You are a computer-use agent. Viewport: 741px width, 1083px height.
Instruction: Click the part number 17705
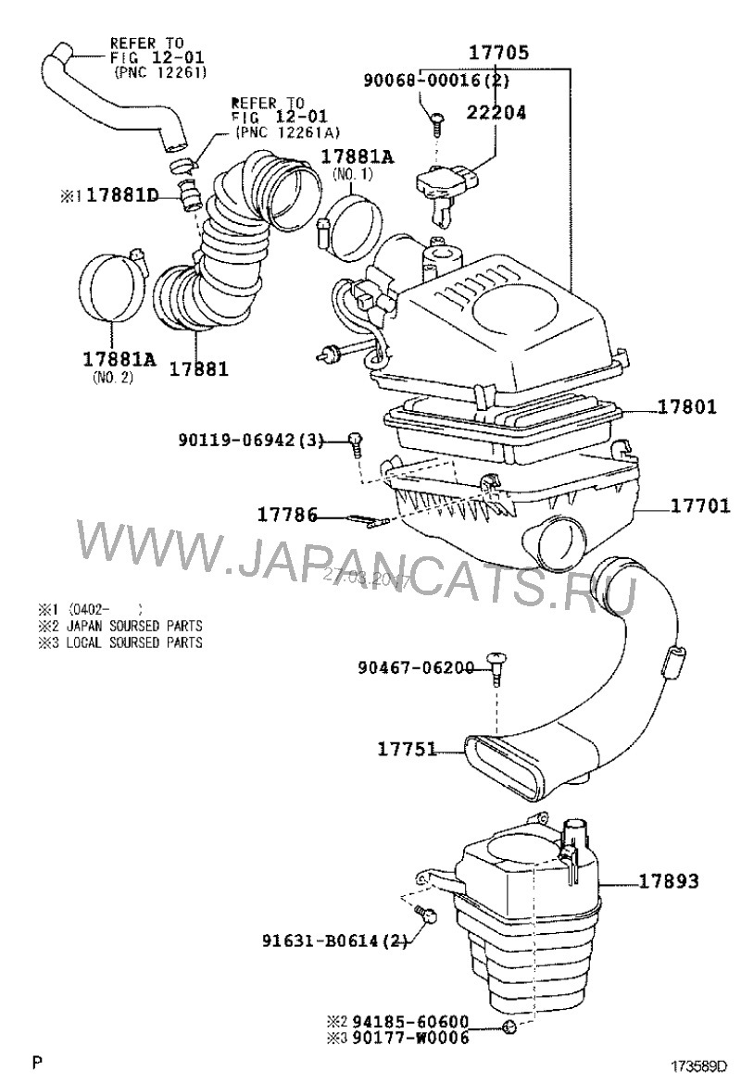(497, 52)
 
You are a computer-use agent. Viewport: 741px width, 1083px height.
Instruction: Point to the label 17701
(700, 505)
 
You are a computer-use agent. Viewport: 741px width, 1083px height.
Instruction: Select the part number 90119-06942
(238, 442)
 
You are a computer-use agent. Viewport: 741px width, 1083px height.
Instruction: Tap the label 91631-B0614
(323, 942)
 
